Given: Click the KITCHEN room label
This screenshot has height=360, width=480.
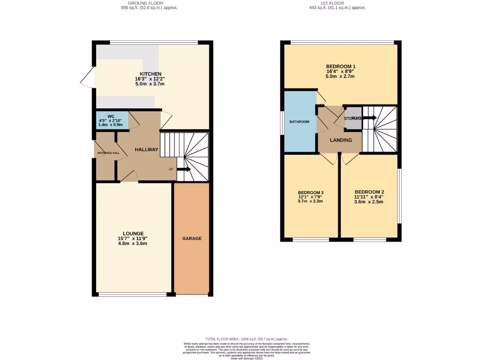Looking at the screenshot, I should click(x=150, y=74).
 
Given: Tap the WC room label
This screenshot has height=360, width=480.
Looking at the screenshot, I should click(x=111, y=116).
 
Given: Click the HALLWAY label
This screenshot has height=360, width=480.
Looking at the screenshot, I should click(x=147, y=150).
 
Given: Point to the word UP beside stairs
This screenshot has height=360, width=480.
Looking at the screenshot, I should click(x=172, y=169).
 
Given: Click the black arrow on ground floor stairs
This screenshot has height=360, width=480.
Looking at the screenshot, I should click(x=183, y=169).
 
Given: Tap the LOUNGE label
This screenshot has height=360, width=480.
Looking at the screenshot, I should click(x=133, y=233).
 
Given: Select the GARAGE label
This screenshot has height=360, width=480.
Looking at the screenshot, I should click(x=192, y=239).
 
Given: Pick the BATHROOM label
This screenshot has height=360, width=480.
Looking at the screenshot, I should click(x=299, y=122).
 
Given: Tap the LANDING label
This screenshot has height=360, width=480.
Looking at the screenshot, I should click(x=341, y=140).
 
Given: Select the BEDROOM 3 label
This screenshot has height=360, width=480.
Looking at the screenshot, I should click(x=311, y=193).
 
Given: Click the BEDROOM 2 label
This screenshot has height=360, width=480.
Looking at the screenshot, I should click(x=369, y=192).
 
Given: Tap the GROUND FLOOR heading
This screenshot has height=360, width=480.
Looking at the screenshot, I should click(x=149, y=3).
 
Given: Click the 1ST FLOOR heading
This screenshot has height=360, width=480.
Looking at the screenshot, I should click(x=337, y=3).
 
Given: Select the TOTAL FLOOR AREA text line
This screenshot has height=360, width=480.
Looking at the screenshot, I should click(x=240, y=338).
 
